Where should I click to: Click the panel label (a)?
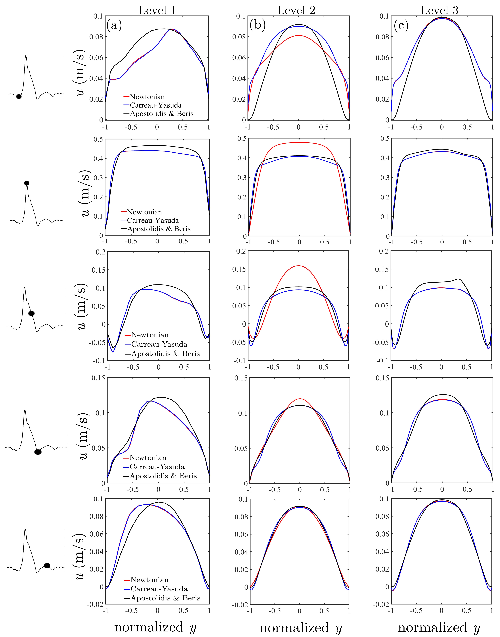pyautogui.click(x=114, y=25)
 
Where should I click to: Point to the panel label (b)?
pyautogui.click(x=258, y=25)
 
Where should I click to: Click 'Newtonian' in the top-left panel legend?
pyautogui.click(x=147, y=97)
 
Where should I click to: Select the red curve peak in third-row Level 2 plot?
pyautogui.click(x=298, y=266)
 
